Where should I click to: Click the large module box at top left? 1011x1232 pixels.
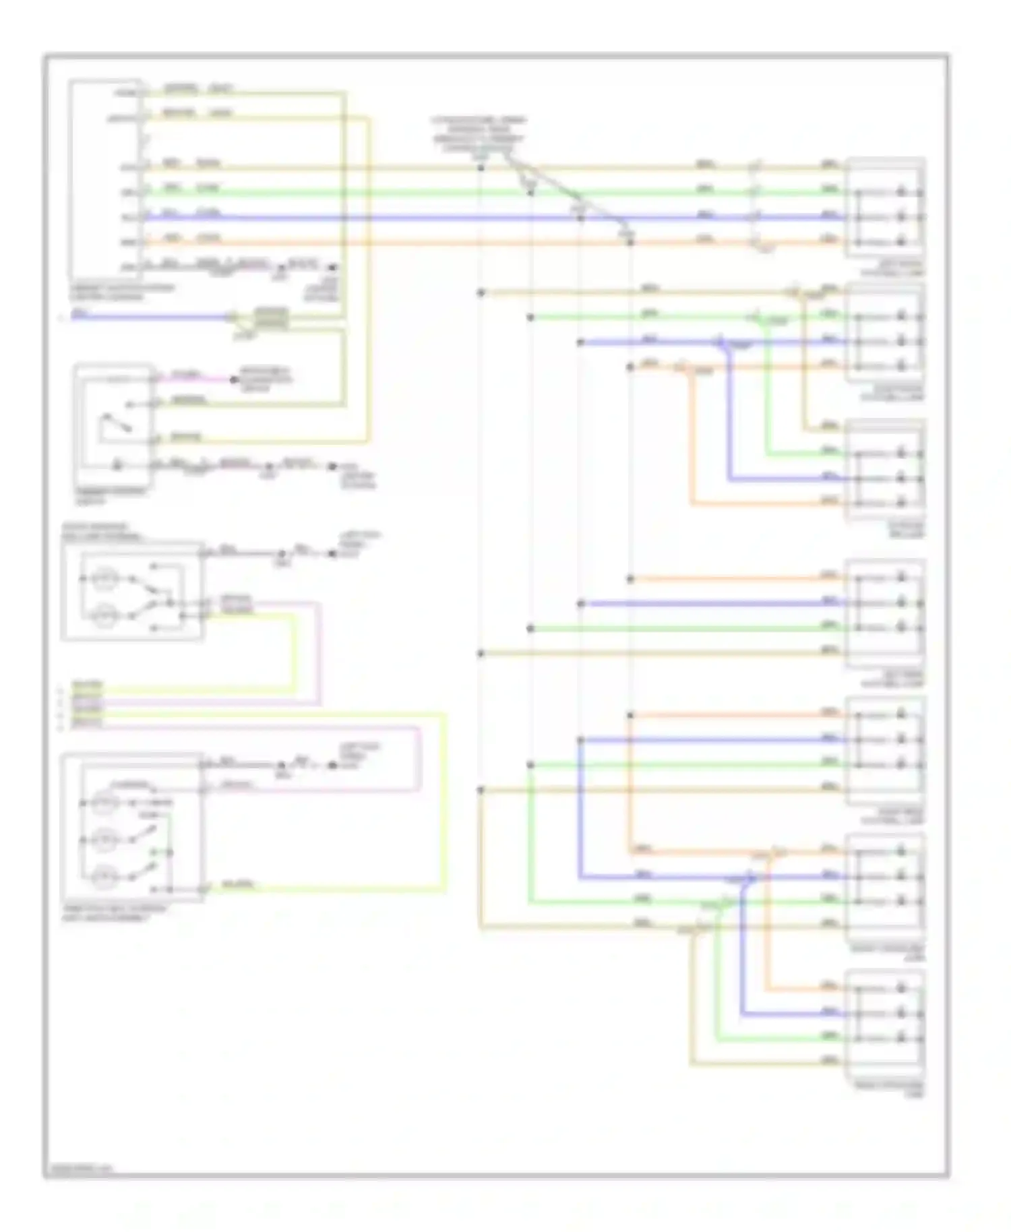[x=106, y=179]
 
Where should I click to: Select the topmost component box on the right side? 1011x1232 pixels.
[x=885, y=208]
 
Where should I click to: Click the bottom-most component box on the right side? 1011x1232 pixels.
[x=885, y=1018]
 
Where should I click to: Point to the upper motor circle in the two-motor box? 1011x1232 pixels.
[x=104, y=578]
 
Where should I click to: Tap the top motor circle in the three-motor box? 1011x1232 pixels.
[x=104, y=802]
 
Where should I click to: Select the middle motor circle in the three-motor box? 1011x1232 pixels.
[x=104, y=840]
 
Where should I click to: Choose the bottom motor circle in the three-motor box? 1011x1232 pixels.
[x=104, y=876]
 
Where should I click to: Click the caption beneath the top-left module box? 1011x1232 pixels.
[x=121, y=292]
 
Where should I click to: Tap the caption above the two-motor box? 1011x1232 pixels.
[x=101, y=532]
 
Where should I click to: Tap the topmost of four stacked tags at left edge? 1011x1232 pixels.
[x=88, y=685]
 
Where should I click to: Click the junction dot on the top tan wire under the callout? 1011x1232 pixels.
[x=481, y=167]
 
